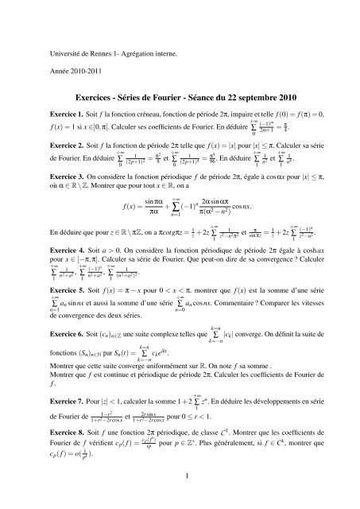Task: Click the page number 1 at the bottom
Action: [x=180, y=499]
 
